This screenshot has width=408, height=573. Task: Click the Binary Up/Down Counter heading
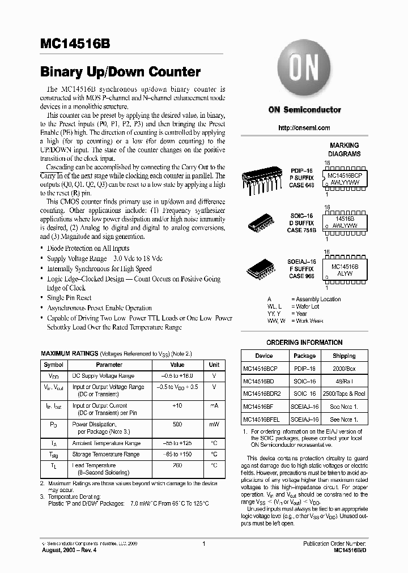[x=120, y=72]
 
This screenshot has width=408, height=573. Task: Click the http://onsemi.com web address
[x=304, y=128]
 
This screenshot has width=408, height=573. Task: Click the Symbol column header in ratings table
[x=54, y=365]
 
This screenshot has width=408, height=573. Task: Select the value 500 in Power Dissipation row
[x=177, y=424]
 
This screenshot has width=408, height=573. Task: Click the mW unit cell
[x=214, y=424]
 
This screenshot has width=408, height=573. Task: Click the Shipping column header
[x=344, y=356]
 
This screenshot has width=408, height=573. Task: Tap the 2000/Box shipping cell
[x=344, y=368]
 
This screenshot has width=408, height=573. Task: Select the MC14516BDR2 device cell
[x=263, y=394]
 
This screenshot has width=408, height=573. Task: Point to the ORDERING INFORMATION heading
[x=304, y=343]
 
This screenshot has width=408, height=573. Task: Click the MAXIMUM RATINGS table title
[x=69, y=353]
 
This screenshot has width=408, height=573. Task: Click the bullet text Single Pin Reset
[x=69, y=298]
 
